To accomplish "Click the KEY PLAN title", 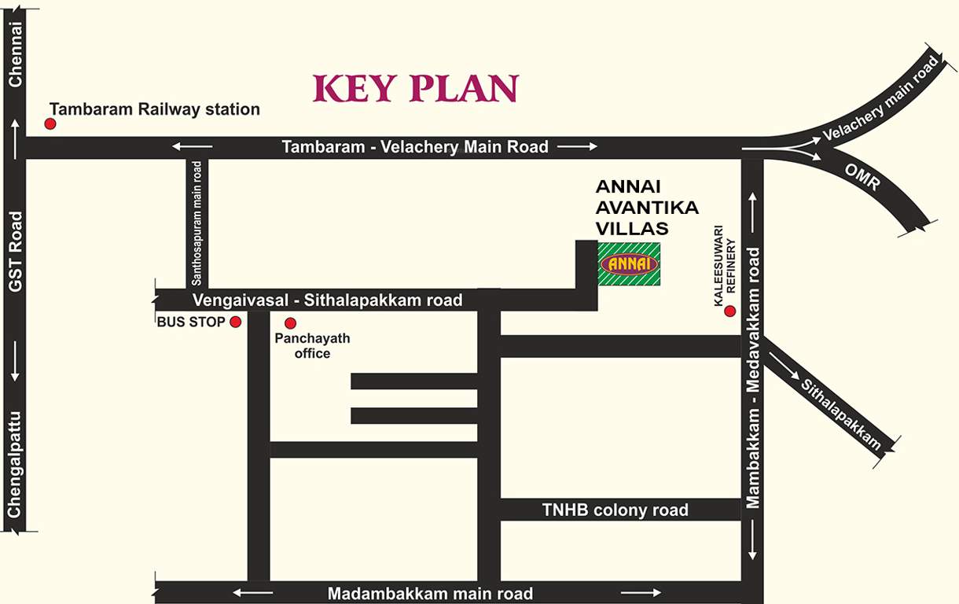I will [x=416, y=89].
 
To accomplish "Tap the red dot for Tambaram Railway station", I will [x=50, y=123].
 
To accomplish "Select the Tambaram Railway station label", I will [x=154, y=109].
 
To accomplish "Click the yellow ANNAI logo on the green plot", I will [x=629, y=264].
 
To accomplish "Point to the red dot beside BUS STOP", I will [x=235, y=322].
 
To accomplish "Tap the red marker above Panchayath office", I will [x=290, y=322].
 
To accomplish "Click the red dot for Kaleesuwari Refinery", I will [x=729, y=311].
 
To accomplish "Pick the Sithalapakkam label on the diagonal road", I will [x=840, y=414].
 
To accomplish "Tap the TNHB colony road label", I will [x=615, y=510].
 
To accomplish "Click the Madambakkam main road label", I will [x=431, y=594].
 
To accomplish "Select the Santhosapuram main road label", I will [x=197, y=223].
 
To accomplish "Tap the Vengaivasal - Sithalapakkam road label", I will [x=328, y=300].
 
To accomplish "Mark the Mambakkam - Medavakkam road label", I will [x=753, y=378].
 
